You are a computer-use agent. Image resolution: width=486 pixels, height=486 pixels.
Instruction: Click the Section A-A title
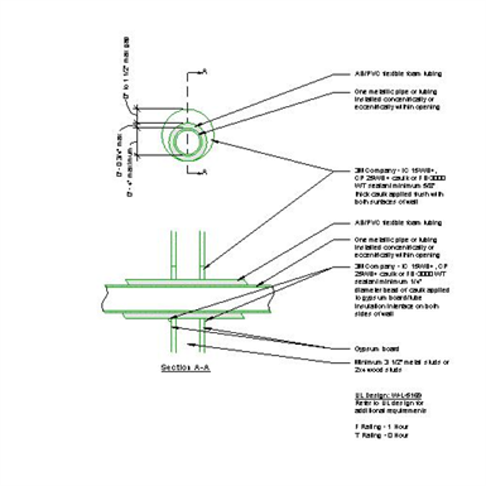click(x=186, y=366)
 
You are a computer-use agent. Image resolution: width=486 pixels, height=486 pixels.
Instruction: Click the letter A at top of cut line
click(x=206, y=71)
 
